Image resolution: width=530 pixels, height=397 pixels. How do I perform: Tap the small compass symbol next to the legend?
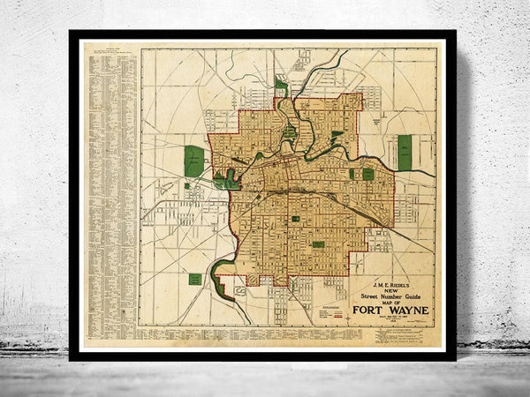tap(349, 312)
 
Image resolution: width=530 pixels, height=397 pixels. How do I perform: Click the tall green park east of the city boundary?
tap(405, 152)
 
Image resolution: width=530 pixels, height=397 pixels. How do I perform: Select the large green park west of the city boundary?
tap(193, 161)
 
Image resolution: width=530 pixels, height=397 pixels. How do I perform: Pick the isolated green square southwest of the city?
tap(195, 279)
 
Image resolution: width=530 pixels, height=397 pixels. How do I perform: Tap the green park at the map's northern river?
tap(281, 85)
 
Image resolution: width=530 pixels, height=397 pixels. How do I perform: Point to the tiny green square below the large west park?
tap(186, 186)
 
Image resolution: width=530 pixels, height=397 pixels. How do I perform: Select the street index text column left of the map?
tap(110, 185)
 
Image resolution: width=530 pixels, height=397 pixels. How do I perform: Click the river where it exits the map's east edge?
tap(430, 173)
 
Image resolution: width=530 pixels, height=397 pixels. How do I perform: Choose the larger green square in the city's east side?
tap(367, 174)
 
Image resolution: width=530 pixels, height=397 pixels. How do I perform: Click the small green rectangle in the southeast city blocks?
tap(318, 244)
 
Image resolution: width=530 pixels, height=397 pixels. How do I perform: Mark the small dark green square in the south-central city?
tap(295, 218)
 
